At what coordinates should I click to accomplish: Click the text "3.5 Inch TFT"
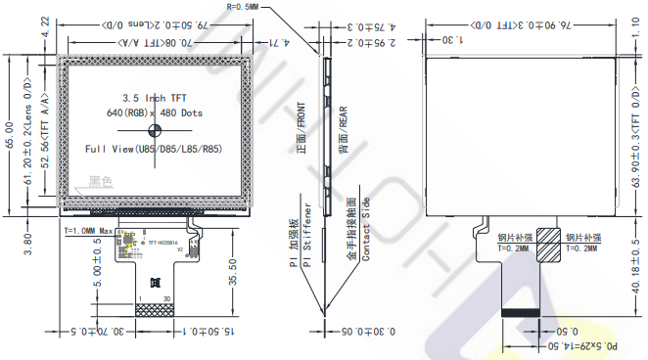pyautogui.click(x=152, y=99)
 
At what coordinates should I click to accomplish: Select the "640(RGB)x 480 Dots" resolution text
pyautogui.click(x=152, y=114)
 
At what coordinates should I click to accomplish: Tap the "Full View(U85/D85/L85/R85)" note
pyautogui.click(x=152, y=149)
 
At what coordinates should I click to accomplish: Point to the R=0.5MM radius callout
pyautogui.click(x=246, y=6)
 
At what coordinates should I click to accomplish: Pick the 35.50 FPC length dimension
pyautogui.click(x=231, y=263)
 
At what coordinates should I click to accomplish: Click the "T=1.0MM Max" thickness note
pyautogui.click(x=92, y=231)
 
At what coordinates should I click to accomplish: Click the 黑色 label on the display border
pyautogui.click(x=100, y=181)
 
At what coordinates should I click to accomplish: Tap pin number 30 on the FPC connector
pyautogui.click(x=168, y=297)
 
